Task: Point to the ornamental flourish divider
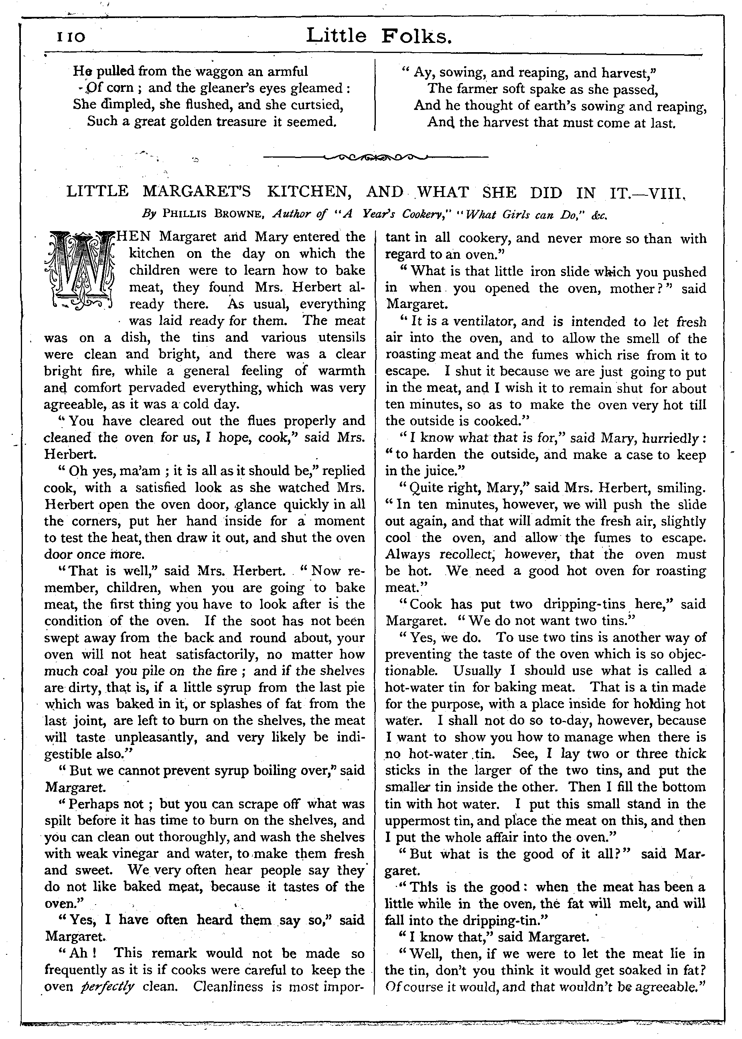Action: coord(375,158)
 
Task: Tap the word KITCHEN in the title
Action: coord(309,192)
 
